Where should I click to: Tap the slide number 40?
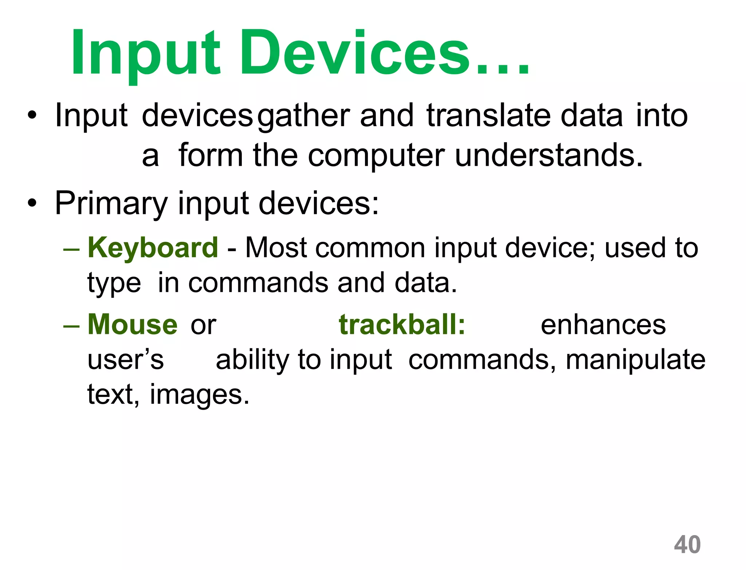point(687,544)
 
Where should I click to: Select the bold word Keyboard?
point(153,248)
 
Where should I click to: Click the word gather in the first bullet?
point(303,116)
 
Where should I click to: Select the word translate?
point(488,116)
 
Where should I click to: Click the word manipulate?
point(636,360)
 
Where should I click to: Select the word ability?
point(252,360)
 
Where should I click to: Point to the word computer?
point(376,156)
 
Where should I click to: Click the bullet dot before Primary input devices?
point(32,203)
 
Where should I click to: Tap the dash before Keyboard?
point(71,249)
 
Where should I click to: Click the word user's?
point(126,360)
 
